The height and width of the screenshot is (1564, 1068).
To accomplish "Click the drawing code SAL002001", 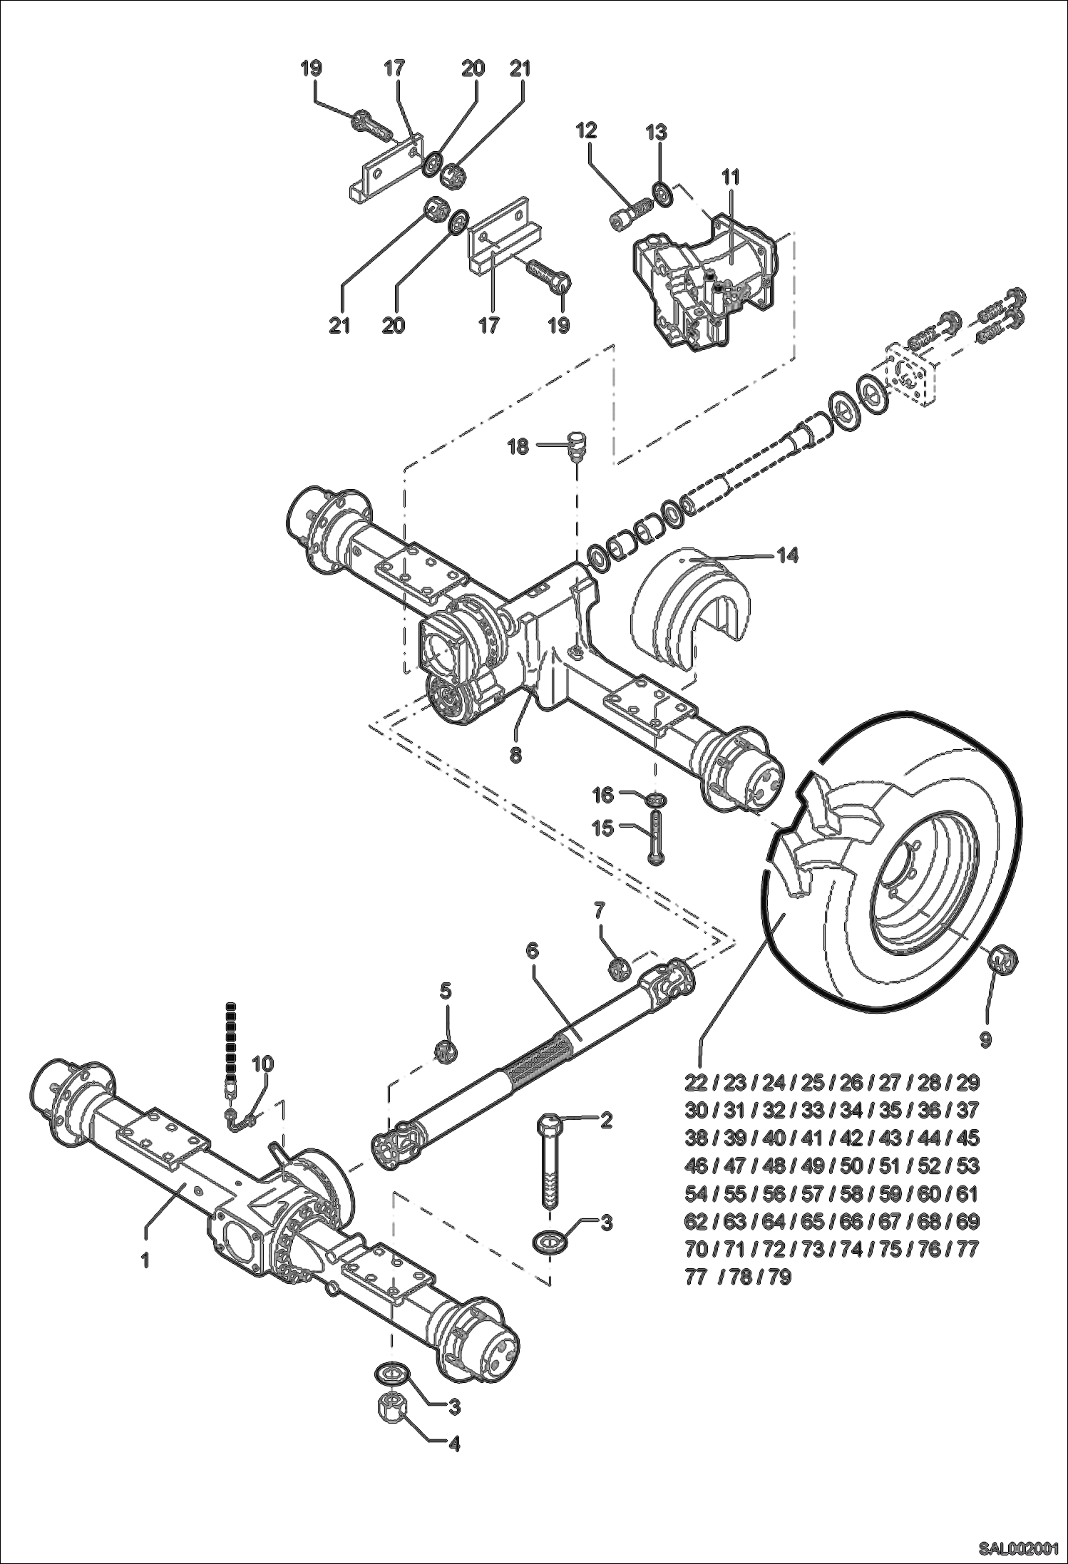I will [x=1017, y=1548].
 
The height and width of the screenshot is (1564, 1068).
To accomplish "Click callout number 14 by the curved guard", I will [x=787, y=555].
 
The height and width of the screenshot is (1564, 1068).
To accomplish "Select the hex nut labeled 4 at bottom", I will [x=391, y=1419].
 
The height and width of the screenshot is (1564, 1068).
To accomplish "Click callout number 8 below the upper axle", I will [x=515, y=754].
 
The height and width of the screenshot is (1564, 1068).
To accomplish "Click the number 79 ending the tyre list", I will [x=780, y=1277].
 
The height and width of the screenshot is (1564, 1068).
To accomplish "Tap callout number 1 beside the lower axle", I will [x=145, y=1260].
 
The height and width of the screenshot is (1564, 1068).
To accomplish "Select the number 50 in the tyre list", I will [x=851, y=1166].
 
